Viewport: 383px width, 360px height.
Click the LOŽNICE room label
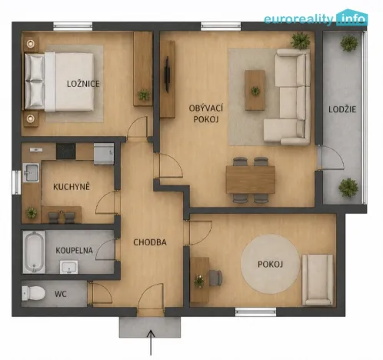point(84,84)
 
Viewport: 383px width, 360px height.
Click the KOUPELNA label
point(74,251)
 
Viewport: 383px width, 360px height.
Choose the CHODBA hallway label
point(150,242)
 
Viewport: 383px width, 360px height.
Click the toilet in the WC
point(34,293)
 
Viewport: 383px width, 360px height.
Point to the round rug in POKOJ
point(271,265)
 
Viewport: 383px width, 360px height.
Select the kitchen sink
point(31,172)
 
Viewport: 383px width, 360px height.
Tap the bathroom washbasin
point(68,267)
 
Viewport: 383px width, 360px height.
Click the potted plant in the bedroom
point(143,95)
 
